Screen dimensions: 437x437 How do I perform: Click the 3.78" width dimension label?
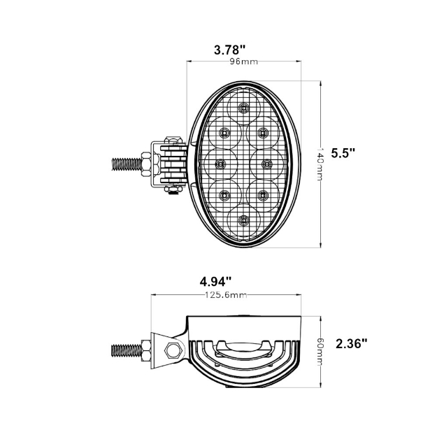tap(229, 50)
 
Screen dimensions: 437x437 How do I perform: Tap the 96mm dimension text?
tap(244, 62)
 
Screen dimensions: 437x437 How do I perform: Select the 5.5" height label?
tap(343, 152)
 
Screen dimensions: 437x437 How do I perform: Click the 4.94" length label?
tap(215, 282)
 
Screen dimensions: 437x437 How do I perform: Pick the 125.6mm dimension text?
tap(225, 295)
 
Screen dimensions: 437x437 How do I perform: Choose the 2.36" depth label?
tap(352, 343)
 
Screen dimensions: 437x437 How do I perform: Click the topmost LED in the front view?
tap(243, 107)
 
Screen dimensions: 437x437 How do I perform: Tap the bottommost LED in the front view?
tap(243, 220)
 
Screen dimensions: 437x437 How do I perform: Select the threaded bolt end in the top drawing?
tap(126, 164)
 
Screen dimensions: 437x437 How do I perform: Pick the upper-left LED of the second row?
tap(225, 132)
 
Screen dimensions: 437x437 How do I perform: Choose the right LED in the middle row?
tap(266, 164)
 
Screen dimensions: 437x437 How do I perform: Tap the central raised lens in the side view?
tap(243, 347)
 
